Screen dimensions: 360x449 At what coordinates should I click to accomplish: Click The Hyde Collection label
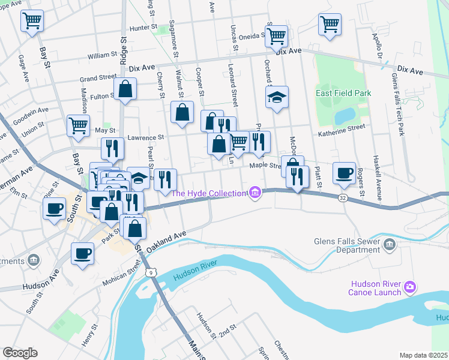(x=209, y=193)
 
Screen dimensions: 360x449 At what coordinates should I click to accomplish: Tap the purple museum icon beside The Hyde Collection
(x=255, y=193)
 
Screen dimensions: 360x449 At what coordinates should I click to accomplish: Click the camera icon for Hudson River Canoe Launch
(x=410, y=287)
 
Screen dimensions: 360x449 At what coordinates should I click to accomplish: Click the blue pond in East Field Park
(x=345, y=115)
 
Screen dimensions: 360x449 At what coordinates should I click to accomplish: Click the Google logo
(x=20, y=353)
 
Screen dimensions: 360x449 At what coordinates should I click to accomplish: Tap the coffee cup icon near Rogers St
(x=344, y=173)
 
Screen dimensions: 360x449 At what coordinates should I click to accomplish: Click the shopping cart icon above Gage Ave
(x=32, y=21)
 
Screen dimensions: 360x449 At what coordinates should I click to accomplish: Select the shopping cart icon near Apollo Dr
(x=330, y=25)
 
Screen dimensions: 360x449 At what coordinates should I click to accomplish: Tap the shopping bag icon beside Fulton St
(x=125, y=89)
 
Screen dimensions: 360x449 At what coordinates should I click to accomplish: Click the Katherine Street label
(x=341, y=128)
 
